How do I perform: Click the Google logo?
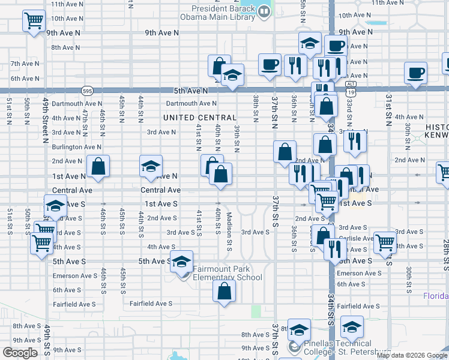(20, 353)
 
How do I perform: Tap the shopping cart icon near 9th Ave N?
(34, 20)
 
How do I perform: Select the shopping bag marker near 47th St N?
(98, 167)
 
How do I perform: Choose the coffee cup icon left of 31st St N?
(415, 73)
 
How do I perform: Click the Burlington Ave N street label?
(76, 146)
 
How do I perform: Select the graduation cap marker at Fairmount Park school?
(182, 262)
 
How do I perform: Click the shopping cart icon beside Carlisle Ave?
(385, 242)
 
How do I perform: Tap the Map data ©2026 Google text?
(412, 355)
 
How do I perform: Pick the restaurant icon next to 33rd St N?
(355, 141)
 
